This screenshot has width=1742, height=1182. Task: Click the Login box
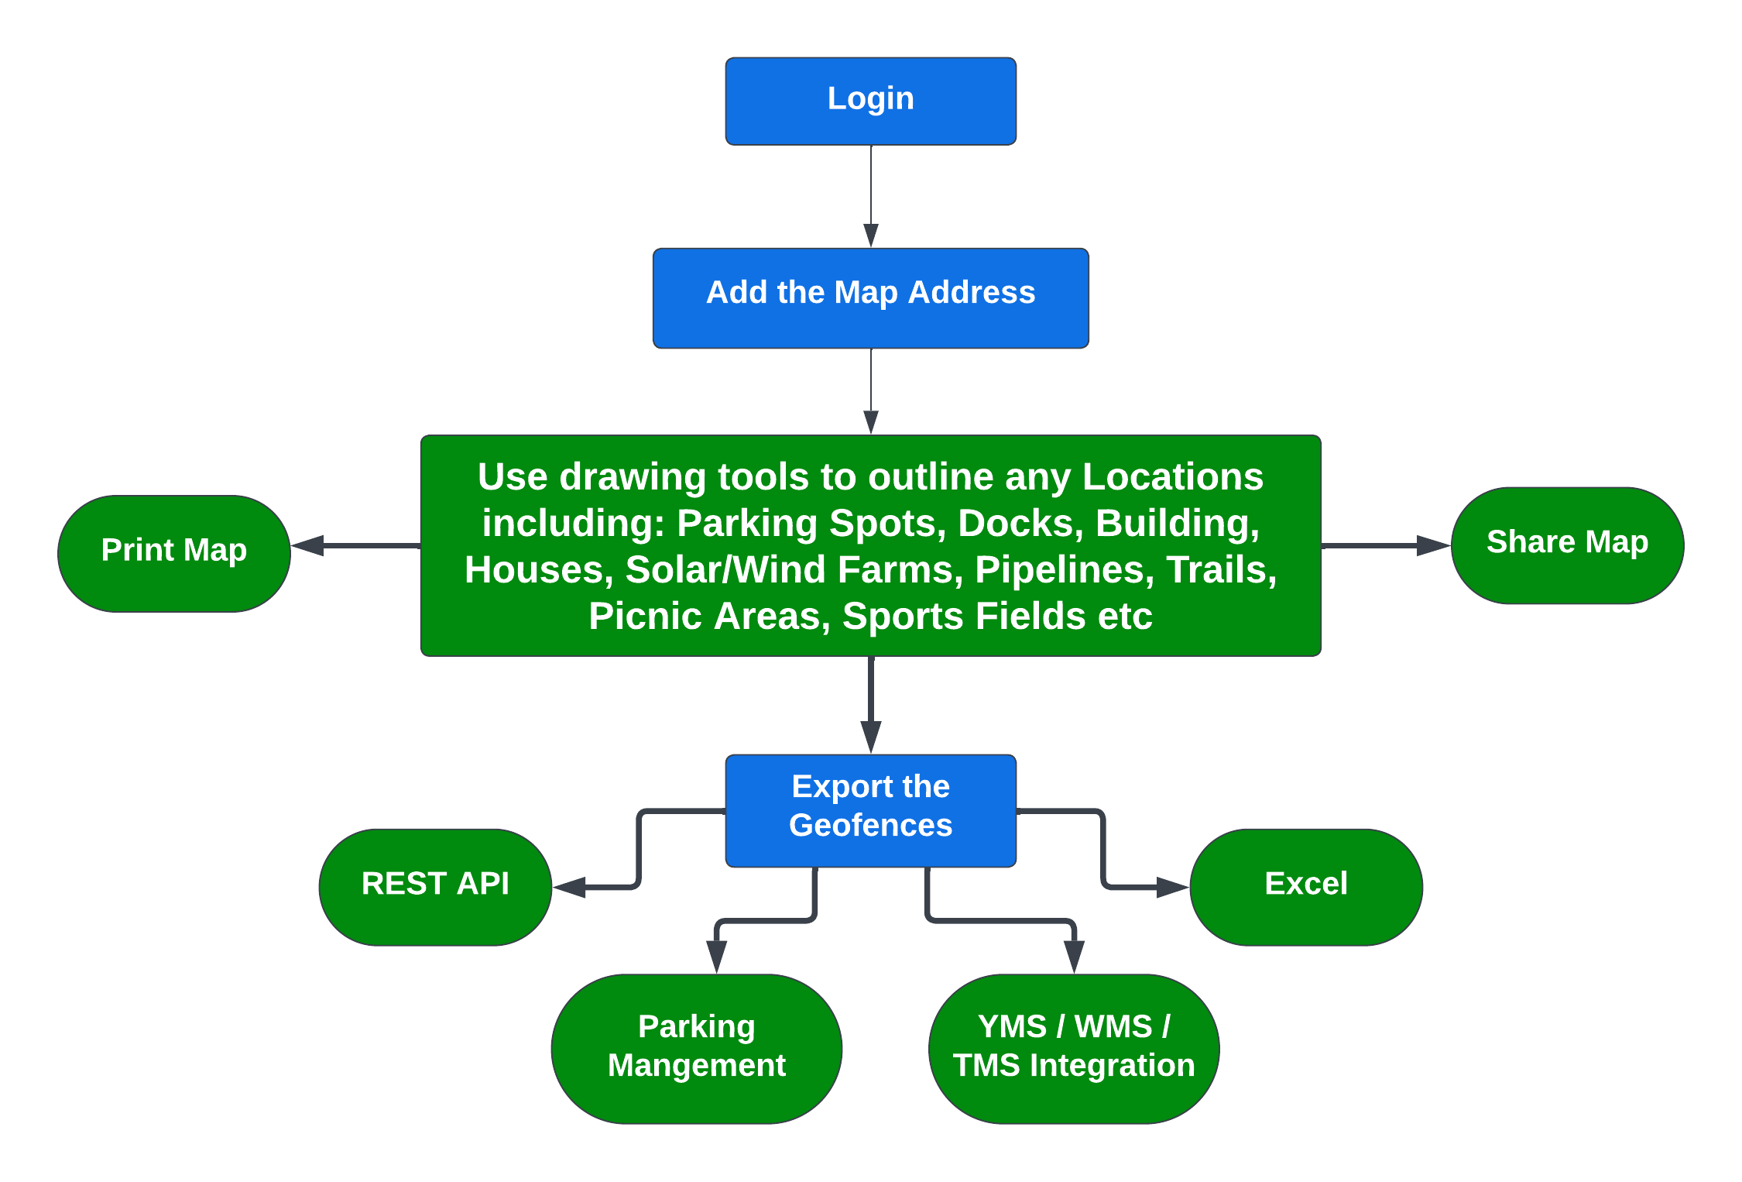870,101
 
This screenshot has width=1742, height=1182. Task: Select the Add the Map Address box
870,297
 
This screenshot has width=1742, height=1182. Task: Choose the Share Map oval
1567,545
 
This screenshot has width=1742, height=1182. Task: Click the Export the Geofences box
870,809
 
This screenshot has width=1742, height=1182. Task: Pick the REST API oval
435,886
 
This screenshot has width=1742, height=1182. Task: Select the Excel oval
1305,886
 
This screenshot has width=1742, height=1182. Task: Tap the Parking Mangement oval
696,1048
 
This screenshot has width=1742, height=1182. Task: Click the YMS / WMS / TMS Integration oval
1074,1048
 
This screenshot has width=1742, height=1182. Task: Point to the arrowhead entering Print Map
308,545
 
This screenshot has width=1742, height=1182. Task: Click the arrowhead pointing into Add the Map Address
870,235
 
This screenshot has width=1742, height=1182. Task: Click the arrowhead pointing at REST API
570,887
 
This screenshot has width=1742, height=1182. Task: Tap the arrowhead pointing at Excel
1171,887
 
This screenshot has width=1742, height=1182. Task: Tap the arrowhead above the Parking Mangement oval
717,956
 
